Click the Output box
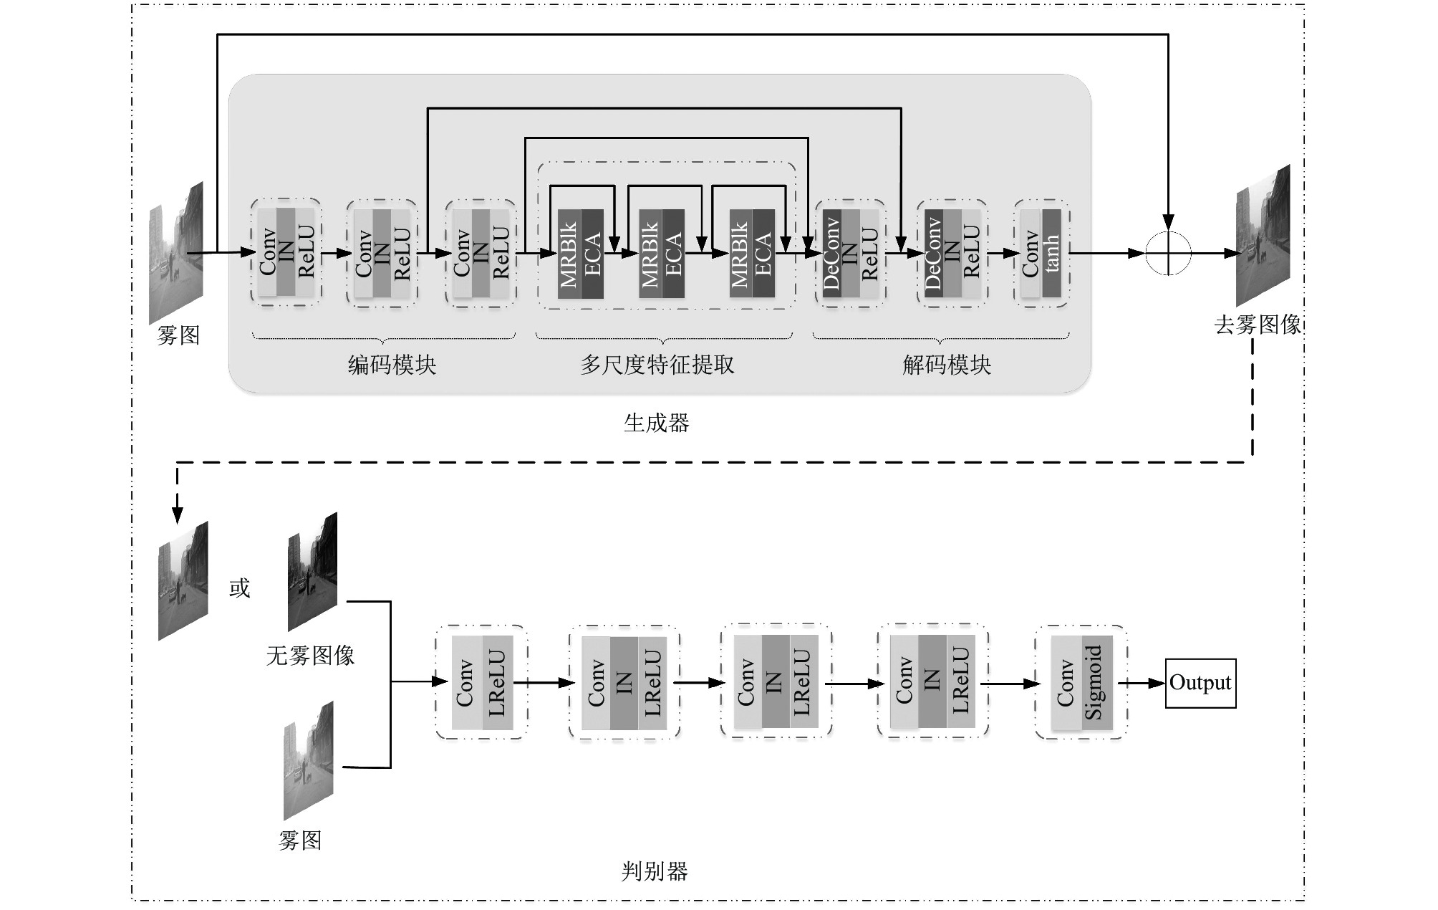tap(1200, 683)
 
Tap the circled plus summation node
tap(1168, 253)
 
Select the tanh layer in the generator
tap(1051, 254)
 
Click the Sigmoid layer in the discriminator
tap(1096, 682)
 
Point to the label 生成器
tap(656, 423)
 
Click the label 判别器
tap(655, 871)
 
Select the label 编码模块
tap(392, 365)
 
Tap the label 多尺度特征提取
tap(657, 365)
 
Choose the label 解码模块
tap(947, 365)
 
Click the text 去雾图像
tap(1258, 325)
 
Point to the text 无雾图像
tap(310, 655)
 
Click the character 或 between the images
tap(239, 588)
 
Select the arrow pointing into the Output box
tap(1142, 683)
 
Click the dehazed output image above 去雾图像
tap(1263, 236)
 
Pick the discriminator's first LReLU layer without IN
tap(497, 682)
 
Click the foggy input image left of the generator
tap(175, 253)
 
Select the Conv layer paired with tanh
tap(1031, 254)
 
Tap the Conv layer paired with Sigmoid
tap(1066, 682)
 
